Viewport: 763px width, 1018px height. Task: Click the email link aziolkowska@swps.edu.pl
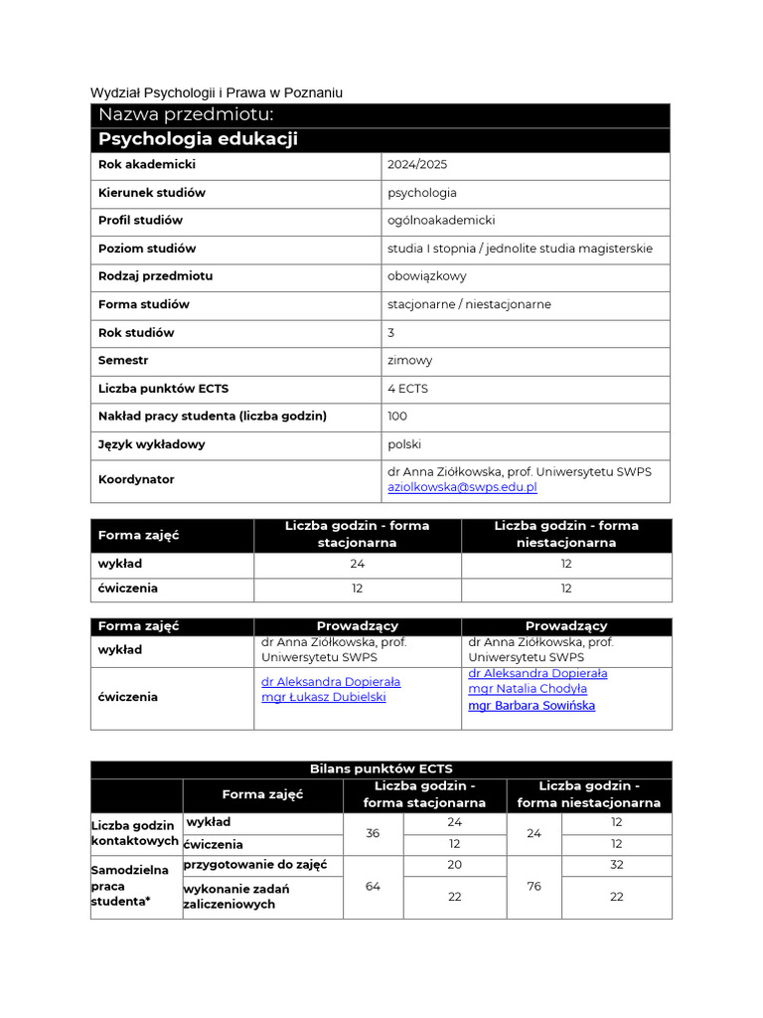click(462, 487)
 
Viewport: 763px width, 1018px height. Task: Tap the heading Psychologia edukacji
click(198, 139)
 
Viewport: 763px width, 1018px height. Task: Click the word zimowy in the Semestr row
click(409, 360)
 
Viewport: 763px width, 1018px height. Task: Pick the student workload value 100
click(397, 416)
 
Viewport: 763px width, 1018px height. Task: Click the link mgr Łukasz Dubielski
click(323, 697)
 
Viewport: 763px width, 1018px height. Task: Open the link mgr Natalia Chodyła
click(528, 688)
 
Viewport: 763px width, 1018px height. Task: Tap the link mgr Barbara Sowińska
click(532, 706)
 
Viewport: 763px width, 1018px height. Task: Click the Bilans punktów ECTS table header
click(381, 769)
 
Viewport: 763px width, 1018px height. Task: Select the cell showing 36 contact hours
click(373, 834)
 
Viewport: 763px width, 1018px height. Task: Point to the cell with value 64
click(373, 887)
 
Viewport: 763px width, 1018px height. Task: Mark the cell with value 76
click(534, 887)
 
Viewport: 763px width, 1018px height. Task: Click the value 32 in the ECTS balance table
click(616, 865)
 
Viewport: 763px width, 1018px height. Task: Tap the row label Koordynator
click(136, 479)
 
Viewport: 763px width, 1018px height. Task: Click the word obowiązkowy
click(426, 276)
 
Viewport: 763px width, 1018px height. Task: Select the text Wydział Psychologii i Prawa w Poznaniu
click(217, 92)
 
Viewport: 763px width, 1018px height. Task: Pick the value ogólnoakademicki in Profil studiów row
click(441, 221)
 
